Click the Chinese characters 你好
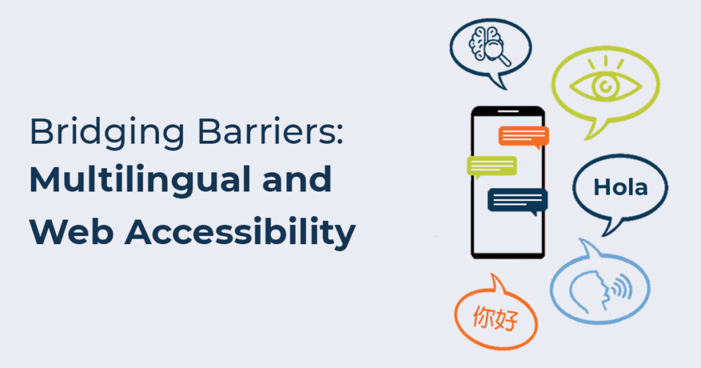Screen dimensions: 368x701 point(495,319)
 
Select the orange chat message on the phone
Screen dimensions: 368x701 point(524,135)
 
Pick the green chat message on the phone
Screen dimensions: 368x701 point(492,166)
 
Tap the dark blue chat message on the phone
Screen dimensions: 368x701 point(518,200)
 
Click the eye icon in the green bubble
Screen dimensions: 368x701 point(605,86)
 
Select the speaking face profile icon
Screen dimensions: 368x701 point(589,287)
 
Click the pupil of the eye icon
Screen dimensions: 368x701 point(604,87)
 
